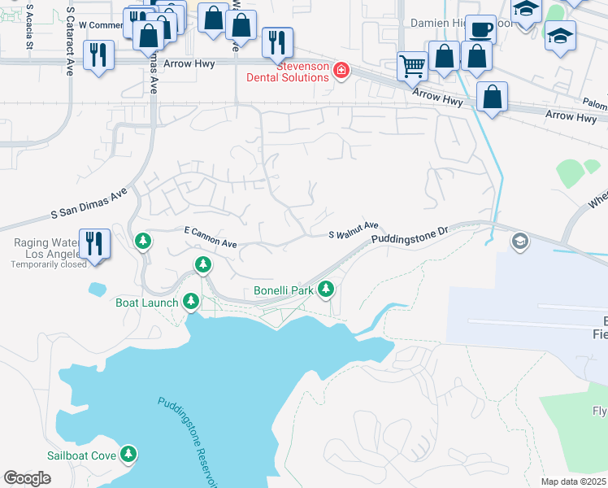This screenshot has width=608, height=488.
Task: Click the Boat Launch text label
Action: [x=146, y=303]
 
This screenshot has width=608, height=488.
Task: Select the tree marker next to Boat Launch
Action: [x=192, y=302]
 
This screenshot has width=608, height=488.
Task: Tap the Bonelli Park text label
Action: [x=283, y=290]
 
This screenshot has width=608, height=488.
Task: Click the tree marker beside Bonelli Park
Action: [x=326, y=288]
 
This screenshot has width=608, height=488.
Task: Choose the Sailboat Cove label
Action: [x=81, y=455]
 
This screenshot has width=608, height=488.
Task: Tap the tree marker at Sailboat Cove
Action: [x=128, y=454]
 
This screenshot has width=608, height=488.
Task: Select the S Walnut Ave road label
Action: [x=354, y=230]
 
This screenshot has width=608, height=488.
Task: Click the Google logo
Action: [x=27, y=478]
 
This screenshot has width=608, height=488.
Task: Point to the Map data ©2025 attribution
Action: [x=572, y=481]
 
